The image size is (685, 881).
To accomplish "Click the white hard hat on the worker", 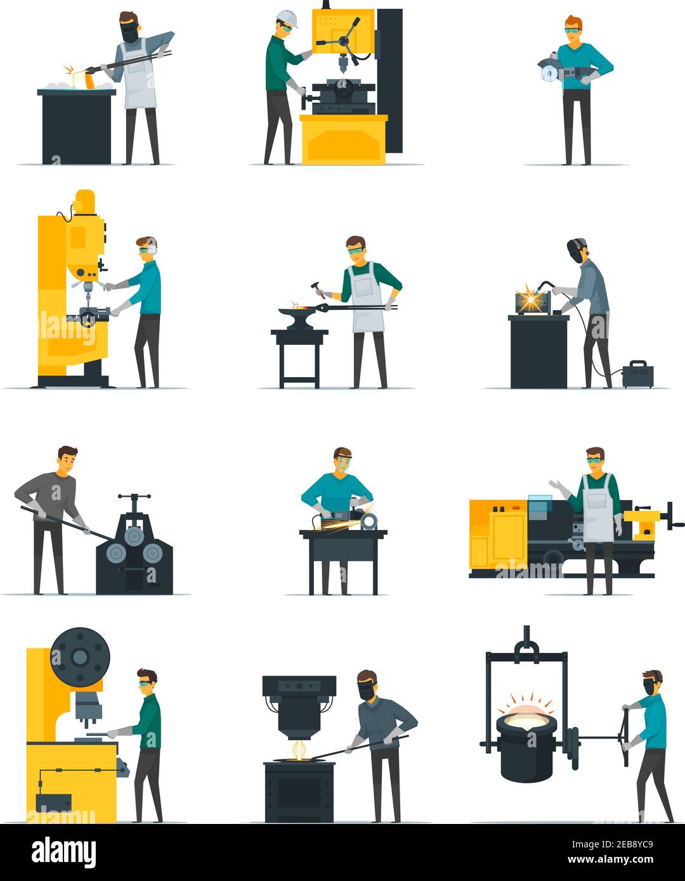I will (287, 16).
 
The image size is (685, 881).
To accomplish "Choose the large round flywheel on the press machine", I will (80, 657).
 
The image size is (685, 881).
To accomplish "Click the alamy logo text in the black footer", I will (63, 852).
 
